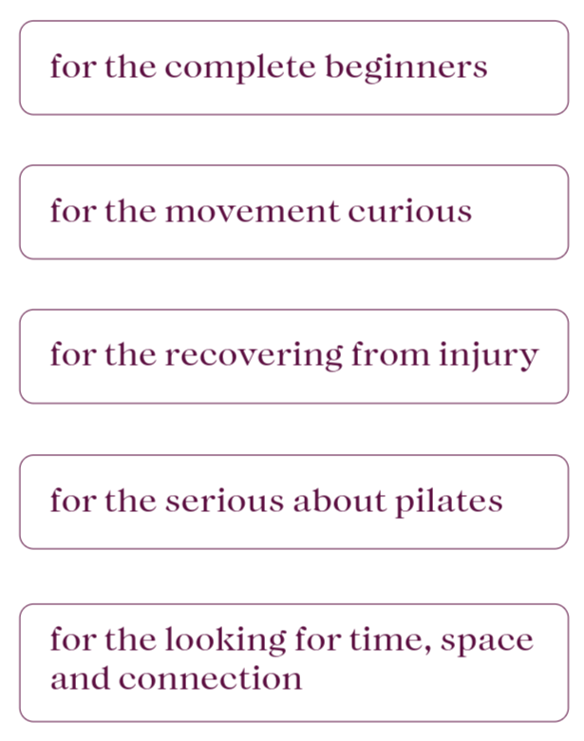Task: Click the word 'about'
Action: pos(330,501)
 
